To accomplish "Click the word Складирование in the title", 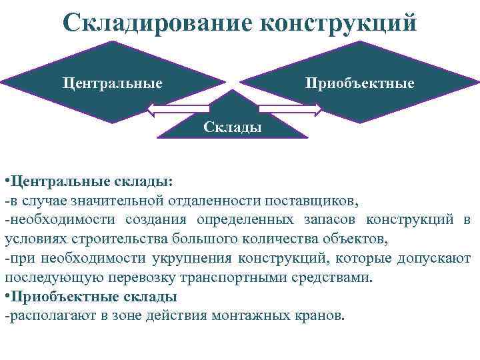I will pyautogui.click(x=157, y=22).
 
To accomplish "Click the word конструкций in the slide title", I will pyautogui.click(x=338, y=22).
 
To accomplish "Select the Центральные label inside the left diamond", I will pyautogui.click(x=113, y=83).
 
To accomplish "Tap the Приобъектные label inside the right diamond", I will pyautogui.click(x=359, y=83).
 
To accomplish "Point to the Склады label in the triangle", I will pyautogui.click(x=233, y=127).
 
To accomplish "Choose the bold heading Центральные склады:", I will pyautogui.click(x=91, y=181).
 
